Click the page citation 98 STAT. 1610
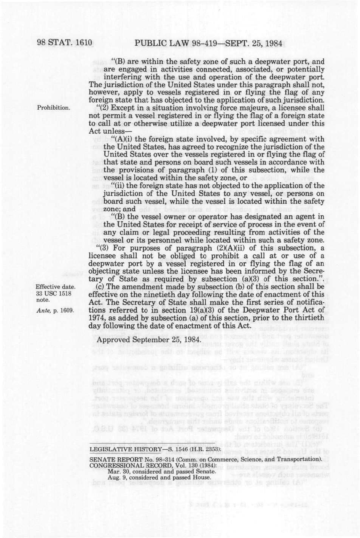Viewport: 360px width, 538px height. point(65,43)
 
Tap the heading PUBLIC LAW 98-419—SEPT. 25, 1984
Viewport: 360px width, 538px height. point(208,43)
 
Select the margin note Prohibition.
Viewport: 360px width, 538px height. point(53,108)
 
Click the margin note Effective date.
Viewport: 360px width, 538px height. point(56,287)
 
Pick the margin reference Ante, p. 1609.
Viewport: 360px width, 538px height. point(54,310)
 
